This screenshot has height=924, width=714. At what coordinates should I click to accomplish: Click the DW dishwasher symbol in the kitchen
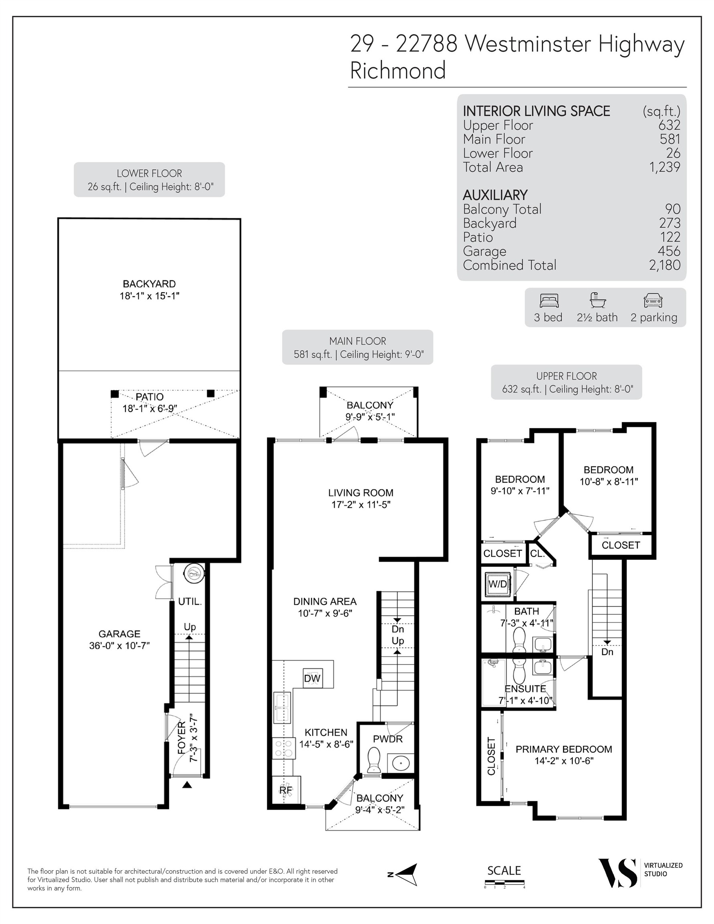point(312,679)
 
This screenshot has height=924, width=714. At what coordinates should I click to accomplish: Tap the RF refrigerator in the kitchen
point(286,790)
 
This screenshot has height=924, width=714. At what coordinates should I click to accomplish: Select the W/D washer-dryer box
point(497,584)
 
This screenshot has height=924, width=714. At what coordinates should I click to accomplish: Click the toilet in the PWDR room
point(374,760)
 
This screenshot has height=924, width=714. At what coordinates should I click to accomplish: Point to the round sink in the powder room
point(400,763)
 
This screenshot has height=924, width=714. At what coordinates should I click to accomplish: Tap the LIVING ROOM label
point(361,492)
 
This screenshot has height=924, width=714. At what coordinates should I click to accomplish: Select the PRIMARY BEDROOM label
point(564,749)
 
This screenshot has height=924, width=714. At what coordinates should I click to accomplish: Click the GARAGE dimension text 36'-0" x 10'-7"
point(120,646)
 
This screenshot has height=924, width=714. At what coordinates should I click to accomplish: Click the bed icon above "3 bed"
point(549,300)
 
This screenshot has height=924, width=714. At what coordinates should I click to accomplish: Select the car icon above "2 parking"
point(653,300)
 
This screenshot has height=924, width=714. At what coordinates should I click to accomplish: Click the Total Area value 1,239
point(665,167)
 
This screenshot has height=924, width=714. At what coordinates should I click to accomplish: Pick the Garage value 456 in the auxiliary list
point(669,251)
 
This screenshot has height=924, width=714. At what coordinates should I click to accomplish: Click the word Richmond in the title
point(398,70)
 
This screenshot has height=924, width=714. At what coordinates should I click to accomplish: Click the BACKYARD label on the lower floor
point(149,284)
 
